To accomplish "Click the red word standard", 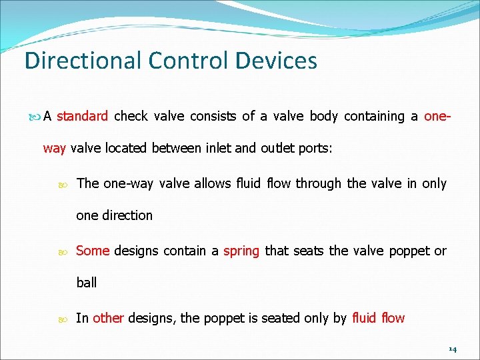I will click(82, 116).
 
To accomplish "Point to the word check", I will click(131, 116).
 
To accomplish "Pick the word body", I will click(324, 116).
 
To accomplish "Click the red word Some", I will click(93, 251).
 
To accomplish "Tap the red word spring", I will click(241, 251).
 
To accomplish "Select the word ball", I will click(87, 283).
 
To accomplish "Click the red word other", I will click(108, 318).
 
